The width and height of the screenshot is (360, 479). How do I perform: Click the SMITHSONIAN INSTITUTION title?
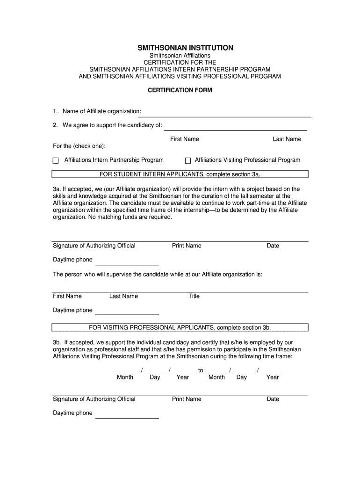click(x=185, y=48)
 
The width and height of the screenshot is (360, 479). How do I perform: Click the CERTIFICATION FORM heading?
click(x=180, y=90)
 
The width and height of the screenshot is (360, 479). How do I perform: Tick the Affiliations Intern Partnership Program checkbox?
click(x=56, y=160)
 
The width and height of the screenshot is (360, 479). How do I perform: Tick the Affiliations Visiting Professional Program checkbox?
click(x=188, y=160)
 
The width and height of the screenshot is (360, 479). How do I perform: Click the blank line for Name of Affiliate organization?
click(x=226, y=116)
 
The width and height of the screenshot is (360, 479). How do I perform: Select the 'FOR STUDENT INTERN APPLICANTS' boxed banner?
click(x=180, y=174)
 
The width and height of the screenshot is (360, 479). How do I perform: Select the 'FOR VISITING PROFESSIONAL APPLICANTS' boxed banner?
click(x=180, y=327)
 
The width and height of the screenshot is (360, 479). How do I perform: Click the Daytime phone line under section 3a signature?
click(x=127, y=264)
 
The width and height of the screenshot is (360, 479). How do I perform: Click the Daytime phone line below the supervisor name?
click(x=127, y=314)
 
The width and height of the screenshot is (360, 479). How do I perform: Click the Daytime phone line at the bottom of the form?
click(x=127, y=417)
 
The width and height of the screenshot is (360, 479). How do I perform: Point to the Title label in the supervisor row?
click(x=194, y=296)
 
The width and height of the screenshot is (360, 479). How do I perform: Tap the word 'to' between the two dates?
click(x=201, y=370)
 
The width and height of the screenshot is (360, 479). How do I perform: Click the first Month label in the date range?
click(x=125, y=377)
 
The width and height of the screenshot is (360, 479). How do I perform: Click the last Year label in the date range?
click(x=272, y=377)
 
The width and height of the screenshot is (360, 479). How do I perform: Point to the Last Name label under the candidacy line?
click(x=287, y=139)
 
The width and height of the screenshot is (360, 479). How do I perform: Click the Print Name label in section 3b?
click(x=187, y=399)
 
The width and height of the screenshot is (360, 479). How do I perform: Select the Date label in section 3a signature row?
click(x=273, y=246)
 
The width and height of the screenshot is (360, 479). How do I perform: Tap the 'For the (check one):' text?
click(x=79, y=146)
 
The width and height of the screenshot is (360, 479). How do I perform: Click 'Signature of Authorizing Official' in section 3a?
click(x=94, y=246)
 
